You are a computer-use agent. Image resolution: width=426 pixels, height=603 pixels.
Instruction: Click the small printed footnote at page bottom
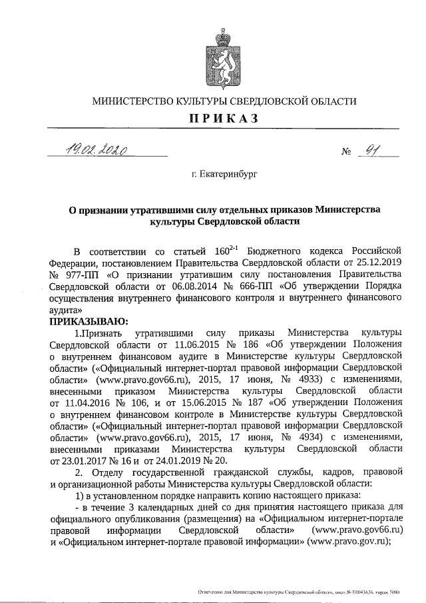(300, 592)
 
